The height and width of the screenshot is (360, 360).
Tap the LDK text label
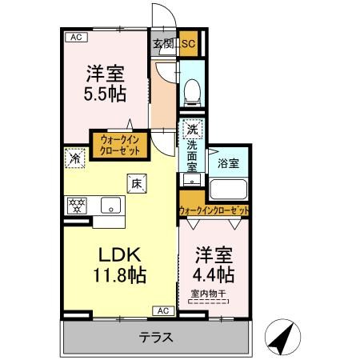(120, 255)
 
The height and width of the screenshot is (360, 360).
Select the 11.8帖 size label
(120, 276)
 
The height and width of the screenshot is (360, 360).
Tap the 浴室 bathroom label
(228, 163)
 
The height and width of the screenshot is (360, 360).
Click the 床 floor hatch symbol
(136, 184)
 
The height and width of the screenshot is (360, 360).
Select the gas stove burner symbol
(78, 205)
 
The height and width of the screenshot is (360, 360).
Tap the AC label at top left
(75, 37)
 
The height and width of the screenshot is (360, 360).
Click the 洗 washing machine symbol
(192, 129)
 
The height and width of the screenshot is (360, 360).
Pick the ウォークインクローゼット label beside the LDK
(120, 146)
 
